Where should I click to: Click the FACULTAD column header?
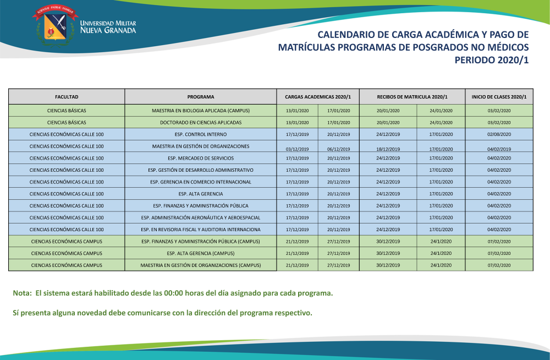(67, 97)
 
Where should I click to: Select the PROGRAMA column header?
(200, 97)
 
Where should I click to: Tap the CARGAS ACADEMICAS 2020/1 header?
(318, 97)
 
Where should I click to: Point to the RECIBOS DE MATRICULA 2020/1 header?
(412, 97)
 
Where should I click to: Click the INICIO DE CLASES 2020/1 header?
(499, 97)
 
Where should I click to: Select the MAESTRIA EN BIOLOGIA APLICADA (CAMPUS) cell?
(200, 111)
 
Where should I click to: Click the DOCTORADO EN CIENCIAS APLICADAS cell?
(200, 122)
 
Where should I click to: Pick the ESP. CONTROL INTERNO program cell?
(200, 134)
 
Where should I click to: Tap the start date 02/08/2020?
(499, 134)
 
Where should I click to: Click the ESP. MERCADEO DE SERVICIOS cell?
(200, 158)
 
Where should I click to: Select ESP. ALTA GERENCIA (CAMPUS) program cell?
(200, 253)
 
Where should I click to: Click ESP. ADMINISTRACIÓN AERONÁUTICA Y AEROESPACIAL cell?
(200, 217)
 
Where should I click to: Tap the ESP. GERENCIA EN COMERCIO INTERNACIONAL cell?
(200, 182)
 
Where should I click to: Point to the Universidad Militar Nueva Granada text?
(108, 27)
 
